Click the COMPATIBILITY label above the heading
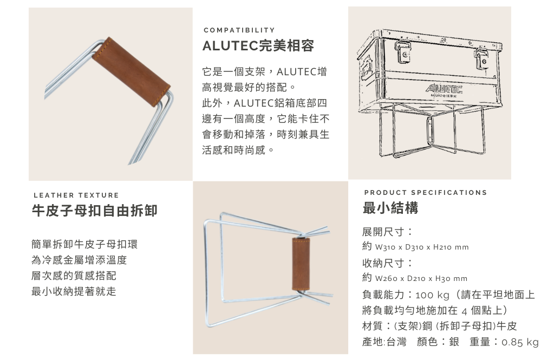239,30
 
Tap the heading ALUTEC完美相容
258,45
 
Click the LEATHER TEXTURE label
76,195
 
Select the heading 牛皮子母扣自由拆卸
95,211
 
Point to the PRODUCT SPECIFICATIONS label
426,192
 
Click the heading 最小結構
390,208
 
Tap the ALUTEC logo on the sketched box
444,89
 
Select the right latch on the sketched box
481,57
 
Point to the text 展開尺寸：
387,232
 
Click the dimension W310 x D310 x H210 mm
422,247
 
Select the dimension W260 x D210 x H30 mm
421,279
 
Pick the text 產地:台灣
384,342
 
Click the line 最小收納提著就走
74,291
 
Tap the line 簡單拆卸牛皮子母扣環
84,244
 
